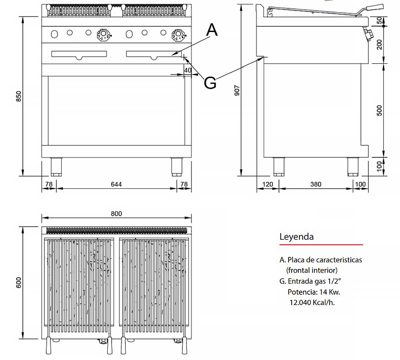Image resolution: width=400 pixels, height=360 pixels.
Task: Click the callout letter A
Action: pyautogui.click(x=212, y=30)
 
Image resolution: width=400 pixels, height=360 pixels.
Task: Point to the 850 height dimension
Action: pyautogui.click(x=19, y=96)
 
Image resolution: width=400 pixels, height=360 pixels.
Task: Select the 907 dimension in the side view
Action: pyautogui.click(x=237, y=90)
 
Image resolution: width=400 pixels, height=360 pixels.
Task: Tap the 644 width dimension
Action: pyautogui.click(x=116, y=184)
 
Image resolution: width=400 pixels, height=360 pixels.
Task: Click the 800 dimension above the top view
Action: pyautogui.click(x=116, y=214)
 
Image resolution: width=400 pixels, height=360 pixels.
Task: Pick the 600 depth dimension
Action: pyautogui.click(x=19, y=282)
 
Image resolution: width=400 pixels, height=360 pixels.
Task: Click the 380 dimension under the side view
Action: pyautogui.click(x=316, y=184)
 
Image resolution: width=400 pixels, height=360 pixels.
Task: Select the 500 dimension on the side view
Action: pyautogui.click(x=379, y=110)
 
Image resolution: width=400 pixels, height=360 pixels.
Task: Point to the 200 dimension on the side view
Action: pyautogui.click(x=379, y=44)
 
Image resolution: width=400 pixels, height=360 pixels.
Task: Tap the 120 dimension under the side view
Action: pyautogui.click(x=267, y=184)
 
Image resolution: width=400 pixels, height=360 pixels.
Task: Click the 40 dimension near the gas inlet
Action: pyautogui.click(x=188, y=70)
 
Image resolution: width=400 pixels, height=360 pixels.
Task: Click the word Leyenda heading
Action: pyautogui.click(x=296, y=237)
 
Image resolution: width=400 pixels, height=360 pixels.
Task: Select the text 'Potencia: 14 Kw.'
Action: pyautogui.click(x=314, y=292)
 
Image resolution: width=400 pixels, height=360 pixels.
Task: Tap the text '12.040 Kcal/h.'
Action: pyautogui.click(x=312, y=303)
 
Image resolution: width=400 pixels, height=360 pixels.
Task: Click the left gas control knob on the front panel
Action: pyautogui.click(x=103, y=34)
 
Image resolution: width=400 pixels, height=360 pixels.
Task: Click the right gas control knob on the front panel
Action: pyautogui.click(x=178, y=34)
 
